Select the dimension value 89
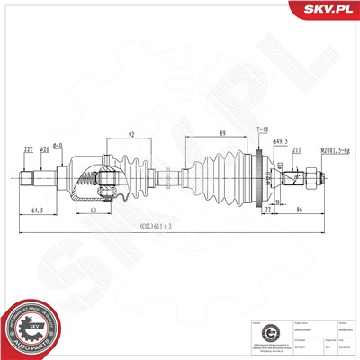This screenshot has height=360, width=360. click(x=221, y=135)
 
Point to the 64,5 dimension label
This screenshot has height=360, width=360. click(x=38, y=210)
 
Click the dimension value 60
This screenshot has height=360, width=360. click(x=93, y=210)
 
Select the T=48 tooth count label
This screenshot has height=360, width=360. click(x=263, y=130)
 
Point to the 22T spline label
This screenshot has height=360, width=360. click(x=29, y=150)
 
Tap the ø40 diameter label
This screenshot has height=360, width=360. click(x=58, y=146)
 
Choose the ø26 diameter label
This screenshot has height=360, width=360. click(x=45, y=150)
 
